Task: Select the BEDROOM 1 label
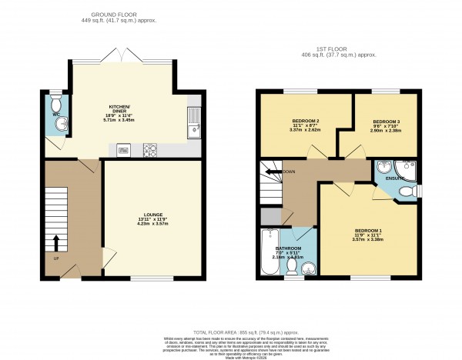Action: [368, 231]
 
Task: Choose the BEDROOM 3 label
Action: [386, 122]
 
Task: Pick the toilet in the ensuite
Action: [413, 190]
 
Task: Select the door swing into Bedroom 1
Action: [341, 189]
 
